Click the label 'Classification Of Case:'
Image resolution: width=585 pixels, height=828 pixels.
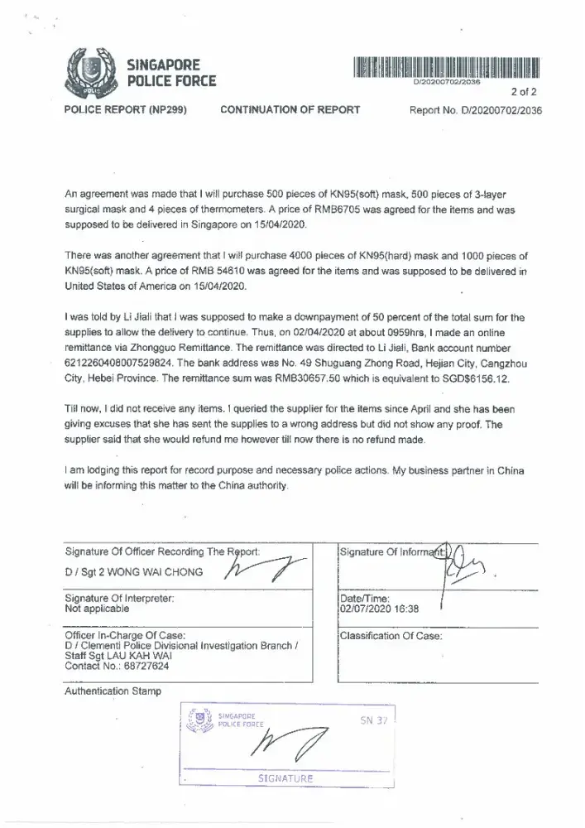[x=391, y=636]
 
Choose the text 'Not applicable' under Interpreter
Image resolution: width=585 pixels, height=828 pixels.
[x=97, y=608]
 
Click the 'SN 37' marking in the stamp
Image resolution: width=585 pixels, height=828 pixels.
[x=374, y=720]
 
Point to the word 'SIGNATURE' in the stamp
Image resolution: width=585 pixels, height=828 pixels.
[x=285, y=778]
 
